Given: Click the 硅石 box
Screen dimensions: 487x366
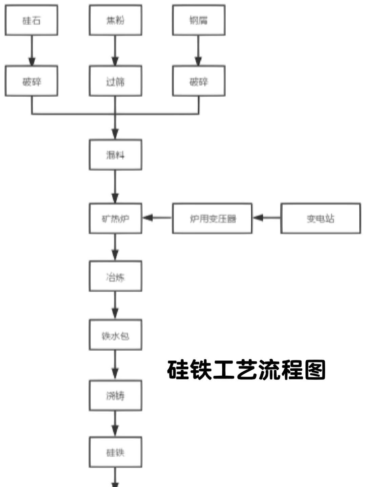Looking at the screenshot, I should (x=32, y=20).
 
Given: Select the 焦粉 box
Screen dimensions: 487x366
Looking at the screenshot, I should (x=115, y=20).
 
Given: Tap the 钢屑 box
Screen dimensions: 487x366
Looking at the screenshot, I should (x=199, y=20).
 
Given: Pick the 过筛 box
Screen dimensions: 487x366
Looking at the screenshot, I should (x=115, y=82).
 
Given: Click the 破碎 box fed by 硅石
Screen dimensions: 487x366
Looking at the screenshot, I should (x=32, y=82).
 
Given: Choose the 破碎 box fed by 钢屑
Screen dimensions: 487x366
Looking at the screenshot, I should (x=199, y=82).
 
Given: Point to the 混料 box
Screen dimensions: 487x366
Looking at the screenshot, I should (x=115, y=155).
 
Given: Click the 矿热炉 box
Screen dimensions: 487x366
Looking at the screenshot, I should (x=115, y=218).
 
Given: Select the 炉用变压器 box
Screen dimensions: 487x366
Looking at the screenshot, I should (x=212, y=218).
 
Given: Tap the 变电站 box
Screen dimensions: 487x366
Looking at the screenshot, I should (x=321, y=218).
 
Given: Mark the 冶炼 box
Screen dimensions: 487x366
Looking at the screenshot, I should (x=115, y=276).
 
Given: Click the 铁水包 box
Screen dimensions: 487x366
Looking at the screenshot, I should (x=115, y=335).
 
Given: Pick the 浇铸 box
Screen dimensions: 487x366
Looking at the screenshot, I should (x=115, y=395).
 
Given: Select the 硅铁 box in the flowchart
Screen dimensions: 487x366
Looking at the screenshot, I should (x=115, y=452).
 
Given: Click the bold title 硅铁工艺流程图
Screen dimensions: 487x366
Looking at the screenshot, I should (x=246, y=370).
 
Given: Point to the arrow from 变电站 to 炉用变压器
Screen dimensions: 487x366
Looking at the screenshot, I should (x=267, y=218).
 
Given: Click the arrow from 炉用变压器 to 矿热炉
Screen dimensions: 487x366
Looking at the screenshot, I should (x=157, y=218).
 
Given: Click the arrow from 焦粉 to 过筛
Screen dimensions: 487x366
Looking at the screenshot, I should (x=115, y=51).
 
